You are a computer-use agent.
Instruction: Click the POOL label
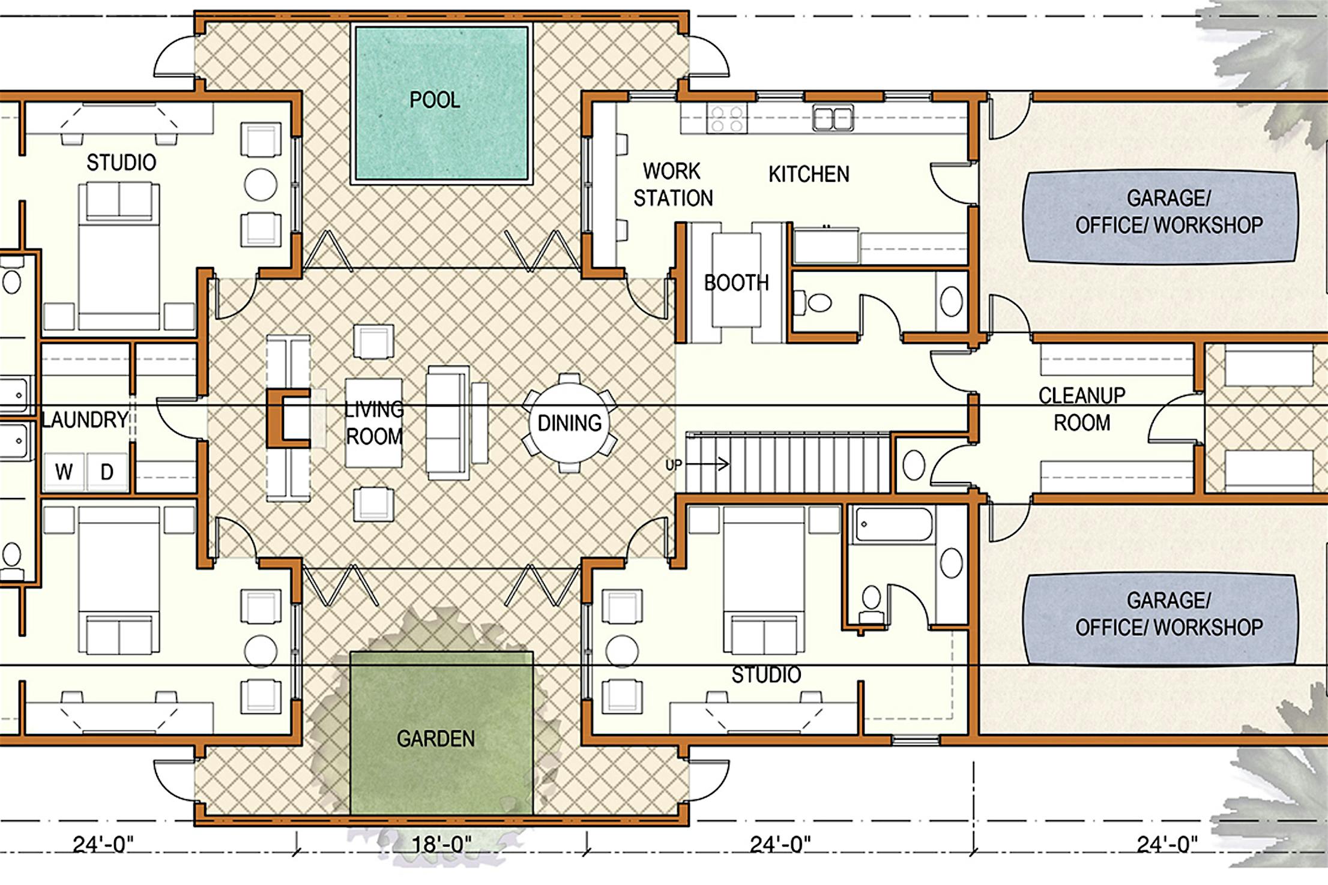435,100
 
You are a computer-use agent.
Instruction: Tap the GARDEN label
436,739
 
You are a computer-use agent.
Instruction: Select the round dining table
569,423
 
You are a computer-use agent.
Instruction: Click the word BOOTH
736,283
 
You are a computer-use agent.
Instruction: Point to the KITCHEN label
809,174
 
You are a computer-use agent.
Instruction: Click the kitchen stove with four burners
727,118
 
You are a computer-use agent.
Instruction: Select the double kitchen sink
833,118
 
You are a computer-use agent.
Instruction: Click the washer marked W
64,472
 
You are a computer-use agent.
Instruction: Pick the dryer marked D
107,472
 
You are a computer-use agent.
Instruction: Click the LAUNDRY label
85,419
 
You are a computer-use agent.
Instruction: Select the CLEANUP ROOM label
1082,409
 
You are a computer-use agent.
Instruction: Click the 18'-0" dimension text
441,844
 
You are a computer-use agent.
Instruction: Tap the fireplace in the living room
288,418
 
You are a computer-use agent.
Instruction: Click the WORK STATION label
673,185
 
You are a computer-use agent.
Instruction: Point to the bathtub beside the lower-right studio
893,525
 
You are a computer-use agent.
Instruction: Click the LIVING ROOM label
374,423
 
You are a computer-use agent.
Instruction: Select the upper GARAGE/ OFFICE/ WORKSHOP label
1168,211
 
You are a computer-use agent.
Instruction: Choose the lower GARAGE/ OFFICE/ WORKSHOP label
1168,614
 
